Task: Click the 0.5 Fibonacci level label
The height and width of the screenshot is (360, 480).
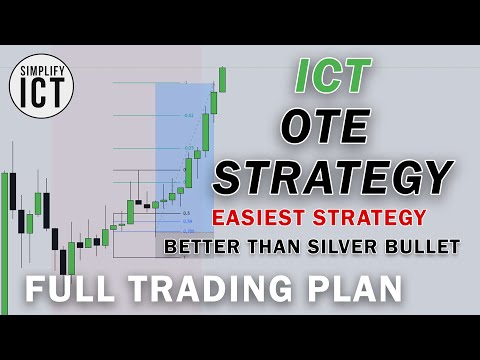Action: [186, 213]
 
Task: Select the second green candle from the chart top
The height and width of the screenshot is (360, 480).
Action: [213, 102]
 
